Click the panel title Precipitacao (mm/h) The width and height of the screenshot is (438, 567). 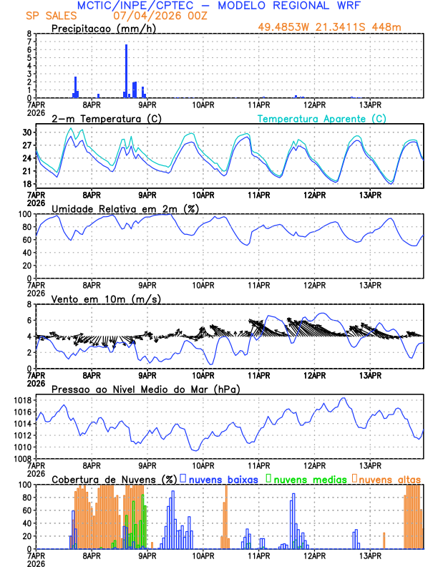pos(102,29)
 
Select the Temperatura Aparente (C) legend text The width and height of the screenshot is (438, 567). pos(322,118)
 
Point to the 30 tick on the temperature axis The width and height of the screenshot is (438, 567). pos(27,133)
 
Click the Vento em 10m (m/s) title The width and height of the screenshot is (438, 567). pos(106,299)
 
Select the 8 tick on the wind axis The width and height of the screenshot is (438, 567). pos(29,304)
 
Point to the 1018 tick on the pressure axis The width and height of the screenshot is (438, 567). pos(21,400)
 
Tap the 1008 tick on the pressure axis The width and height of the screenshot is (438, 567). pos(21,458)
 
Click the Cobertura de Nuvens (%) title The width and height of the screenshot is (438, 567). pos(113,478)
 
